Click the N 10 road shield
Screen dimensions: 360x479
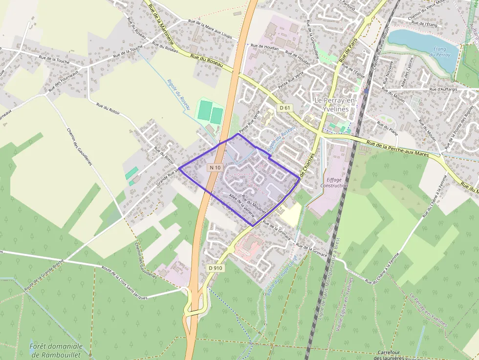(x=215, y=168)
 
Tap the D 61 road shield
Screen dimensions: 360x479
(x=285, y=107)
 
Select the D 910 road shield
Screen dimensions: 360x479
(x=215, y=268)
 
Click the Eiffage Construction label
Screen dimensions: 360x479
(x=334, y=182)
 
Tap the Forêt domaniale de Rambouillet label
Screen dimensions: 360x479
(x=55, y=350)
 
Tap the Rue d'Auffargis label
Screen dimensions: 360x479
(x=446, y=89)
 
